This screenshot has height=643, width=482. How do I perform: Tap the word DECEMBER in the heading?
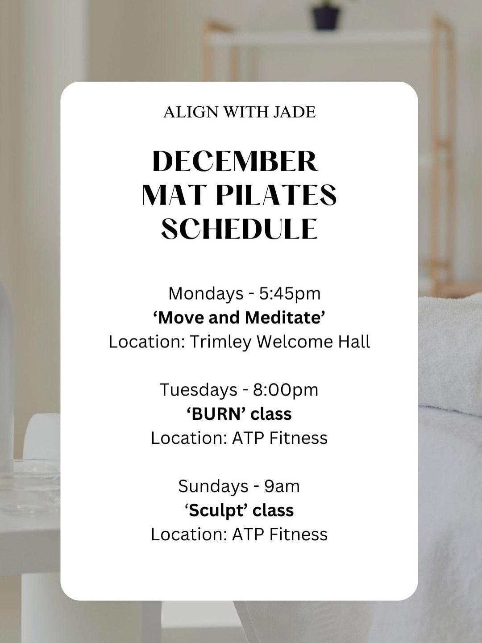(235, 161)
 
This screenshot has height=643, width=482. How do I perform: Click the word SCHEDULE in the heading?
(239, 229)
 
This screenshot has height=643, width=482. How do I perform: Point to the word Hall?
(354, 342)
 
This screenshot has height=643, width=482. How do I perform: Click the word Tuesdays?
(199, 390)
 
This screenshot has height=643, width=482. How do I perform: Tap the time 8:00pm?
(286, 390)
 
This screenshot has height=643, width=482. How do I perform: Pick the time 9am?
(282, 486)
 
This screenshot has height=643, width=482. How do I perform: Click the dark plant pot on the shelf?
(326, 17)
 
